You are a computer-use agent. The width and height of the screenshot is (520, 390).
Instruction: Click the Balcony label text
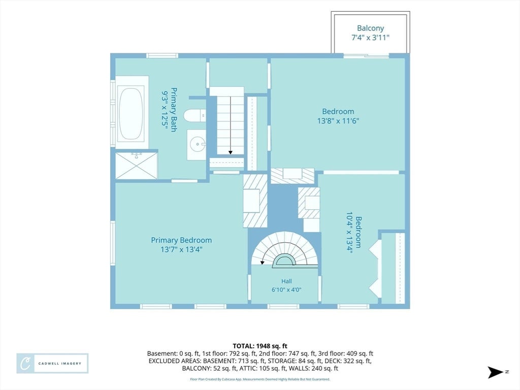(370, 28)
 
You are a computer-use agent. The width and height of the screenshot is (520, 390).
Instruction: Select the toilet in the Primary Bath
(194, 115)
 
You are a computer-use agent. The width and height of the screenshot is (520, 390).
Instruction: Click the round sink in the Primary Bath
(197, 144)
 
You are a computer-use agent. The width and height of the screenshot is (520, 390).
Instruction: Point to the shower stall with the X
(136, 166)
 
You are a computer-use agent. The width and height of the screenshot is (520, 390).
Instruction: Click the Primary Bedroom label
(181, 240)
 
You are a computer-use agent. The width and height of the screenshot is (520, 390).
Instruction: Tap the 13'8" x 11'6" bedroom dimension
(338, 121)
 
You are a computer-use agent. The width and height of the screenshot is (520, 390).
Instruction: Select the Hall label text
(286, 281)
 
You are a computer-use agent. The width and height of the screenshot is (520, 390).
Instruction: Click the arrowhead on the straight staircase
(231, 152)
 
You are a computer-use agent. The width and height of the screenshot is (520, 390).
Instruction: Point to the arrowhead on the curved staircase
(262, 263)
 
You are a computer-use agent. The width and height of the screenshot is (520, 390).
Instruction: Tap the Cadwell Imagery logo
(52, 364)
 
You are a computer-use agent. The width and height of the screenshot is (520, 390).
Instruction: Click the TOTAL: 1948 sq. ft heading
(260, 346)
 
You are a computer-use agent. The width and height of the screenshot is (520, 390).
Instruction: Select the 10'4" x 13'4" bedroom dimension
(349, 232)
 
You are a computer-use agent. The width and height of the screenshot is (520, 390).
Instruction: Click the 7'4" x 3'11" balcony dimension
(370, 38)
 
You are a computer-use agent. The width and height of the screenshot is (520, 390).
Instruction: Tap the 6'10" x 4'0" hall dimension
(286, 290)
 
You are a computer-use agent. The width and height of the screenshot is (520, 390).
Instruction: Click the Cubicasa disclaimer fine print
(260, 379)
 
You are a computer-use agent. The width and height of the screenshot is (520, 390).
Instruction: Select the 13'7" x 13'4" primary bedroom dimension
(181, 249)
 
